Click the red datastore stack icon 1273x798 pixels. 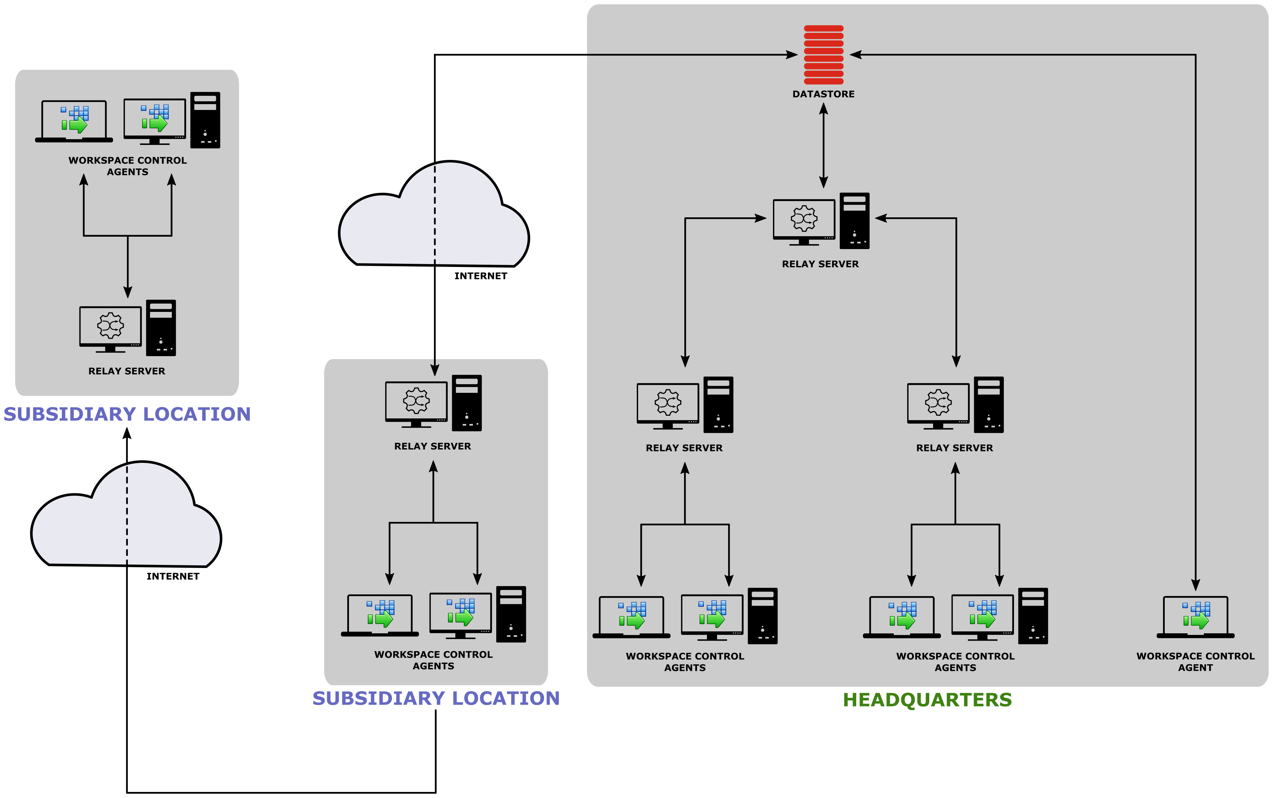823,54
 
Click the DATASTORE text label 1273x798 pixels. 823,94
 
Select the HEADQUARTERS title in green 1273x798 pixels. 927,700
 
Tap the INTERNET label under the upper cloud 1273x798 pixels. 480,276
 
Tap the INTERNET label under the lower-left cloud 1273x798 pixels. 173,576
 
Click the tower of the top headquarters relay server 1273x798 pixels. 854,221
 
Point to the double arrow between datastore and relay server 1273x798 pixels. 823,145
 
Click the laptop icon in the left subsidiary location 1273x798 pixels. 74,121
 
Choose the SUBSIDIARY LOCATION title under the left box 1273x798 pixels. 127,414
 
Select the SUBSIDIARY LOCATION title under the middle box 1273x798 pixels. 436,698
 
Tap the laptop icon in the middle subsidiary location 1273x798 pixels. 380,615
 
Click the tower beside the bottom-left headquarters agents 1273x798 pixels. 762,616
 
